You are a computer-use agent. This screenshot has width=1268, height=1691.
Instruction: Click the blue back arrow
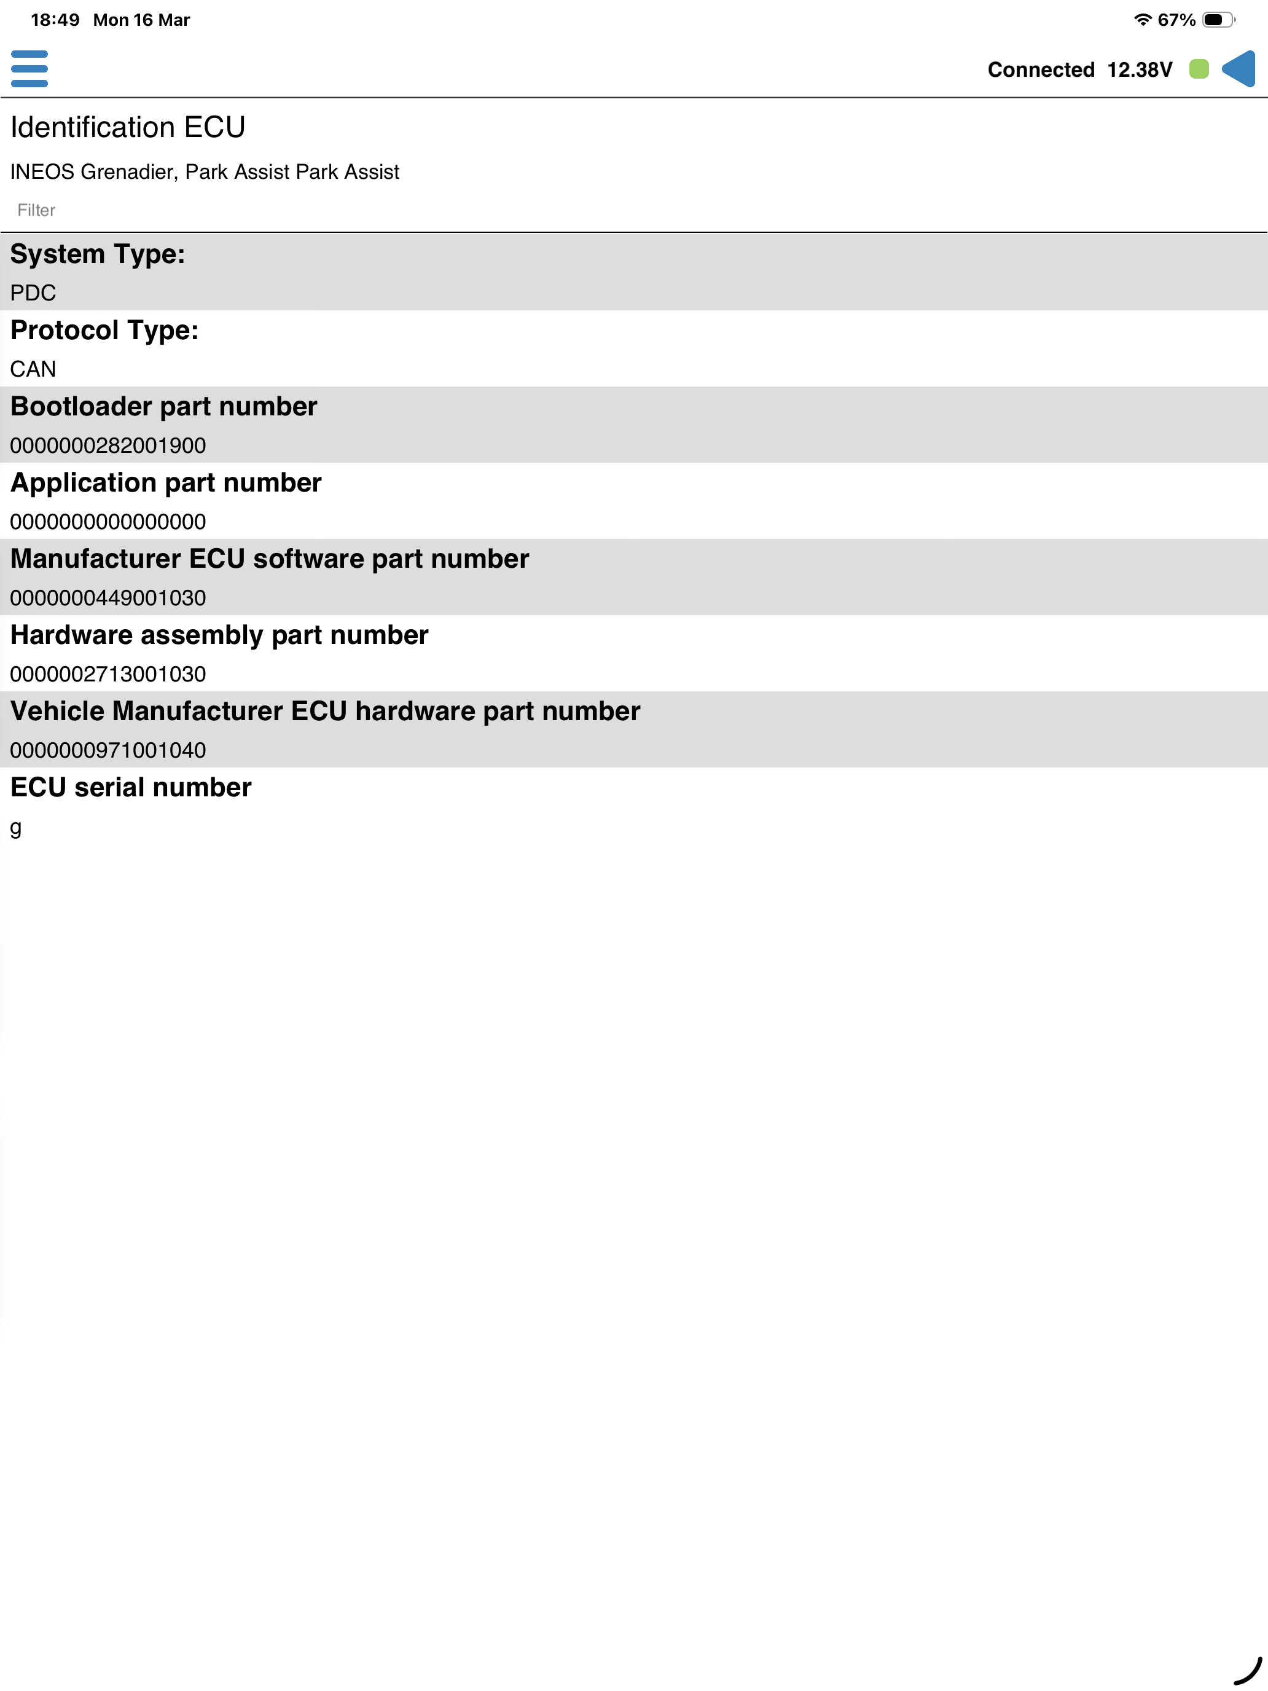1239,69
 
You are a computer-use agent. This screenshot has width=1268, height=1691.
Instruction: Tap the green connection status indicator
1199,69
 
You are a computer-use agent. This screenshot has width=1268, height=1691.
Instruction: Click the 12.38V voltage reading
1139,70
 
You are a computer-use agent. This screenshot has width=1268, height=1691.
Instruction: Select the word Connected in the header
1040,70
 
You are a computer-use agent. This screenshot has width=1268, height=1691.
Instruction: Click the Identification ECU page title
128,128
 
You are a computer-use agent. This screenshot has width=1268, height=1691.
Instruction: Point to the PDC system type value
33,292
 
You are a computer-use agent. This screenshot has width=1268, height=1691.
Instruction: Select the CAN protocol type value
33,369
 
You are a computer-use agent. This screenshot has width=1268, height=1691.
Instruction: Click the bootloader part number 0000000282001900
108,445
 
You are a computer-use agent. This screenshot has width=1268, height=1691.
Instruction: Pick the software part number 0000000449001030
108,598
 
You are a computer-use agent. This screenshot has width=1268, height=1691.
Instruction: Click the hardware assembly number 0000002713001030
108,674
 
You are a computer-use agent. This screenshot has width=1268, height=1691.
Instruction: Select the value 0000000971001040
108,750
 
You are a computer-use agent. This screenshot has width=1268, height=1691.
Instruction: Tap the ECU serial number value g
16,827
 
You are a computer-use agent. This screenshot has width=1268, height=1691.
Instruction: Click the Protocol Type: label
104,330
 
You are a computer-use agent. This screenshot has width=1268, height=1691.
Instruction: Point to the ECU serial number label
131,787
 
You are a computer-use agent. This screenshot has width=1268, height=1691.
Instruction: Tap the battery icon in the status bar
1218,20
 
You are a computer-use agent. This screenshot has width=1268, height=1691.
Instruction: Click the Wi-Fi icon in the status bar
1142,20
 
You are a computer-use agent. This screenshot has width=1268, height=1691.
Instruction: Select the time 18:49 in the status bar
55,20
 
